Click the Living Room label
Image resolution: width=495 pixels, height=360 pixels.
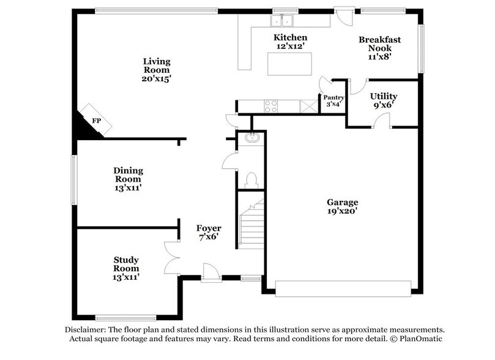pos(157,70)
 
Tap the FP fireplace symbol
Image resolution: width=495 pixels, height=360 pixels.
pos(96,120)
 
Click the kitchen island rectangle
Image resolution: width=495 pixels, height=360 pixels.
pos(289,63)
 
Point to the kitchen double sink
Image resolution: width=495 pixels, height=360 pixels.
pos(282,21)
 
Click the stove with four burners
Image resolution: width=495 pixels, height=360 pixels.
pos(270,107)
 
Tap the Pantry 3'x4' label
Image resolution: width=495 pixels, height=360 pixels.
pos(333,101)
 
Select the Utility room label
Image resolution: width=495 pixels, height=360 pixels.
pos(384,101)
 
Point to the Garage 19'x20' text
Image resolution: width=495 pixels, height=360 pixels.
pos(342,207)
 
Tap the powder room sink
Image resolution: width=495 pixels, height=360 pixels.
pos(251,138)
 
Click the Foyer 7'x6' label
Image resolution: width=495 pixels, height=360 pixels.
pos(209,233)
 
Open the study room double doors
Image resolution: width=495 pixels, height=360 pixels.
pos(172,257)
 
